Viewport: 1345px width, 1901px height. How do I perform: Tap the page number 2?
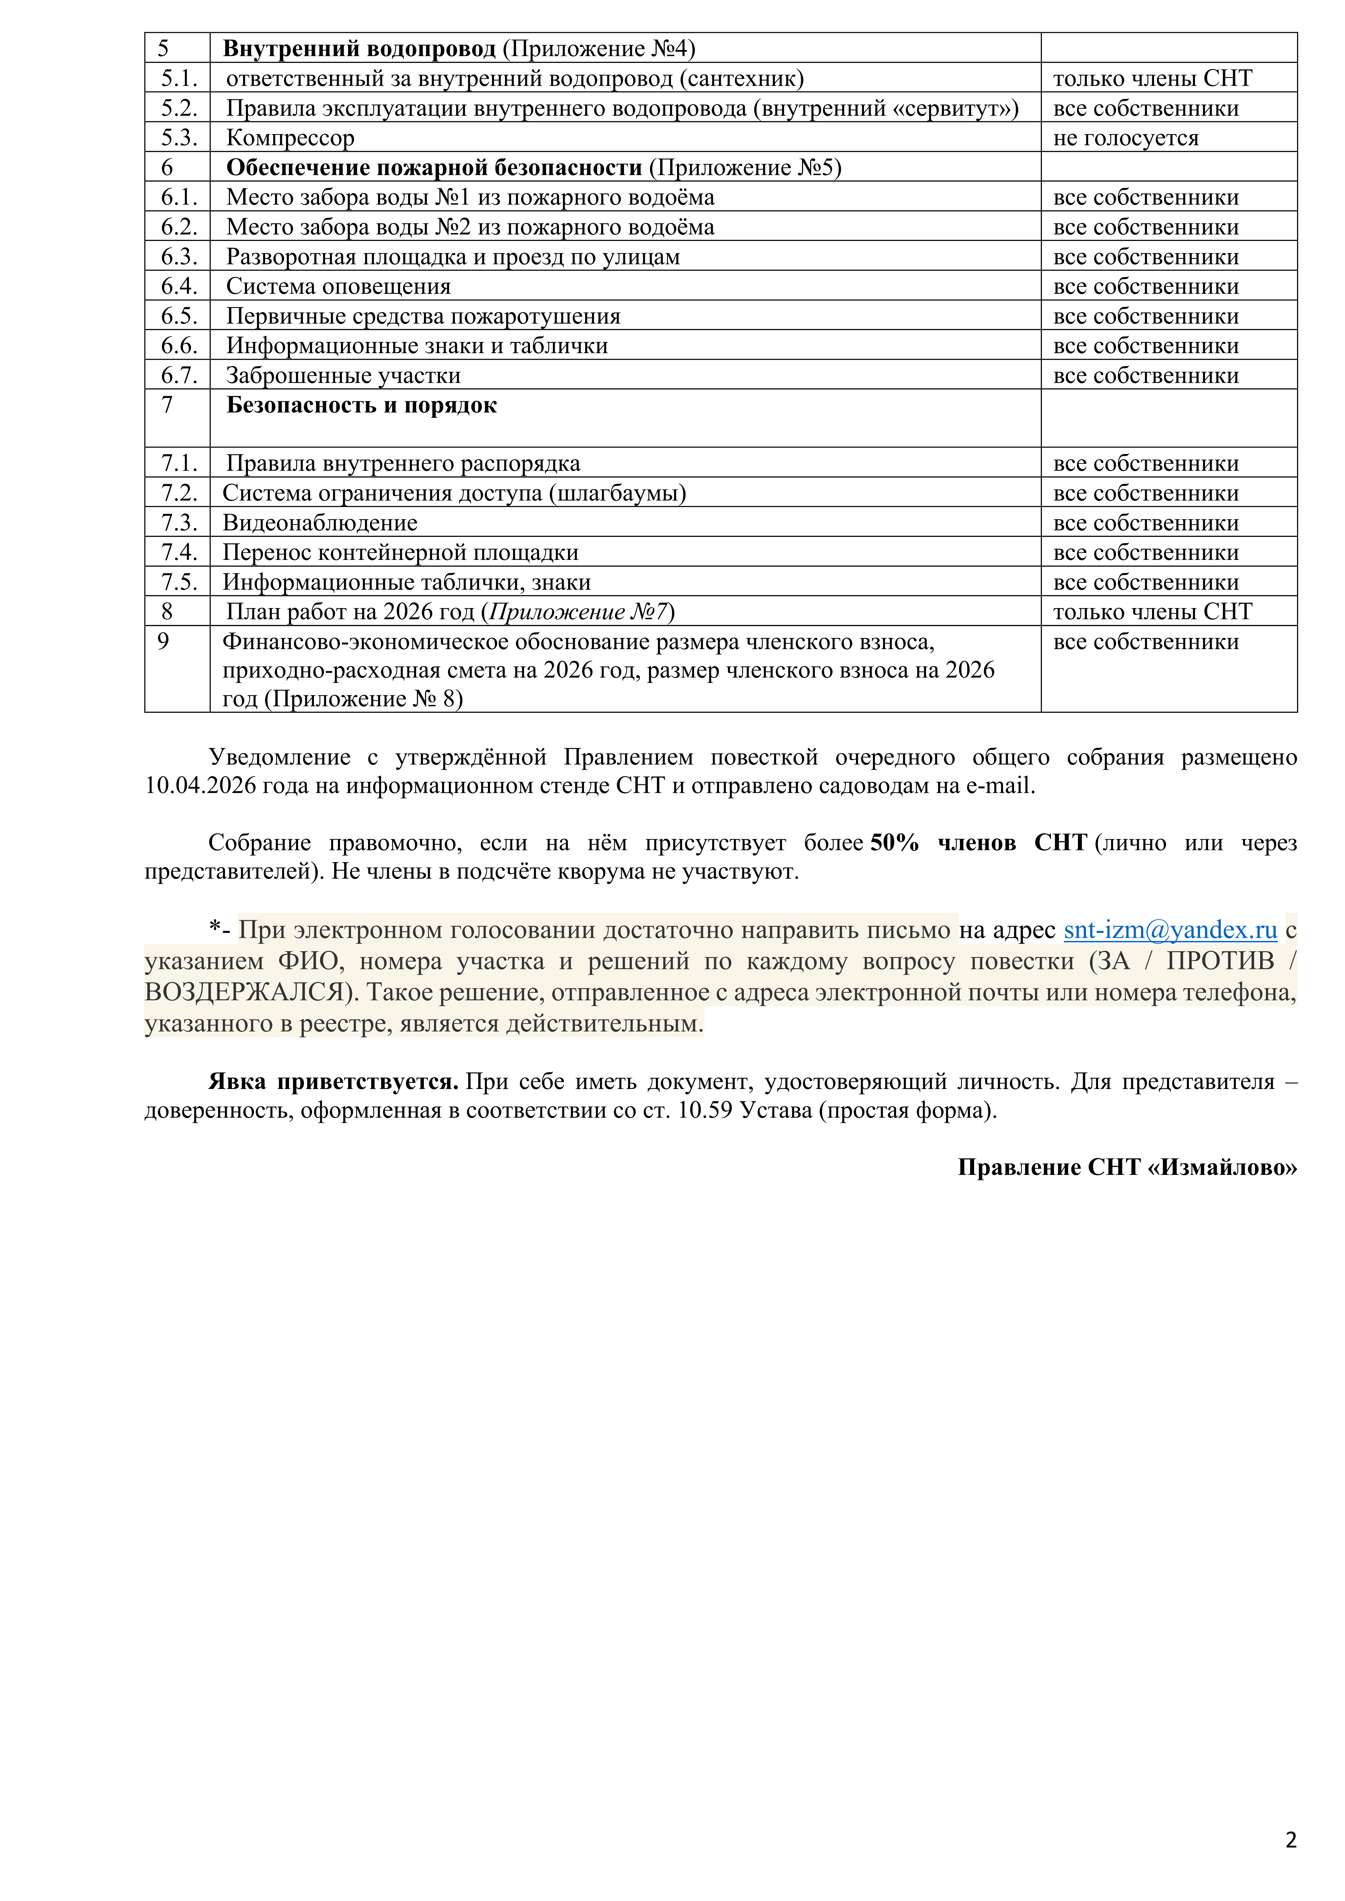coord(1290,1840)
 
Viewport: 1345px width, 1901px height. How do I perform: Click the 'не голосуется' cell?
coord(1125,138)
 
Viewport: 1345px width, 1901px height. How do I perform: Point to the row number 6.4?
coord(179,286)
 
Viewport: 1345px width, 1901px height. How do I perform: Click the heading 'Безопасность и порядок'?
coord(361,406)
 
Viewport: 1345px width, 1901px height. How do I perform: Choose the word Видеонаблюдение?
coord(320,523)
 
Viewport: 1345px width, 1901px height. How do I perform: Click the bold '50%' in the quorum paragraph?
coord(894,843)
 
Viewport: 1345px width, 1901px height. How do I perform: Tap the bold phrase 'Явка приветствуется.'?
coord(333,1082)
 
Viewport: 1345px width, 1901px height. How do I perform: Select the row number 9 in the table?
coord(163,642)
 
